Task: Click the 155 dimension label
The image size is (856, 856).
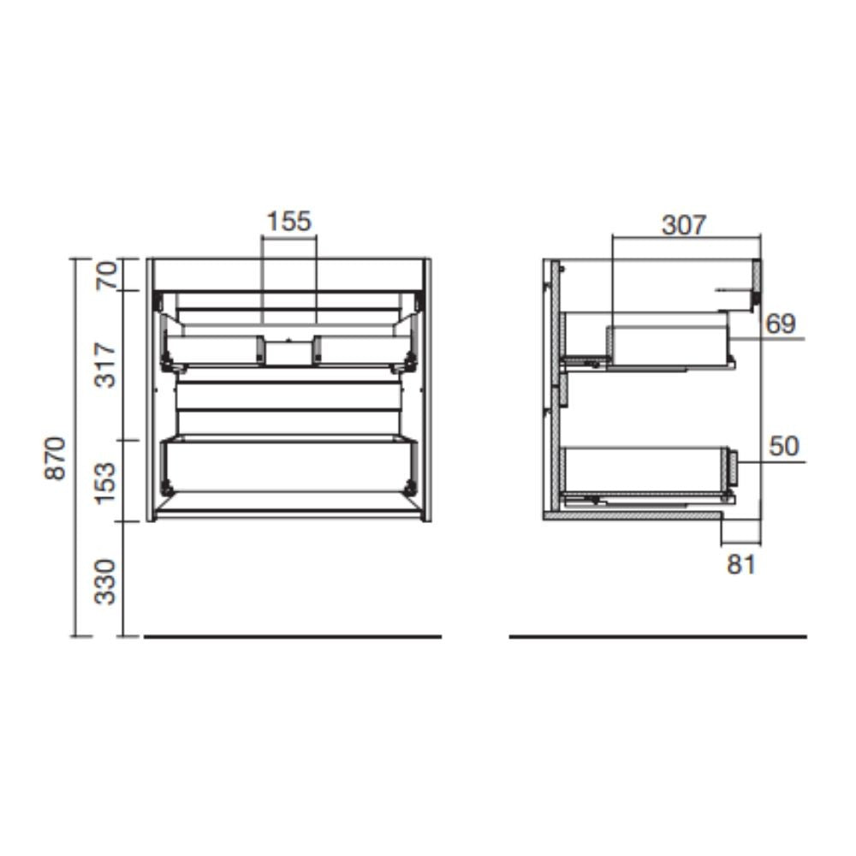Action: [x=288, y=222]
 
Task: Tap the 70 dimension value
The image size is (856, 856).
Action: [x=105, y=275]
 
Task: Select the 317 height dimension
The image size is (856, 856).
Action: [x=105, y=365]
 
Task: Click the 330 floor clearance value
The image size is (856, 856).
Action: [x=105, y=580]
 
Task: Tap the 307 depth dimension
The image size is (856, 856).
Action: [x=685, y=225]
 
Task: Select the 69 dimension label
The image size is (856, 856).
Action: [x=781, y=324]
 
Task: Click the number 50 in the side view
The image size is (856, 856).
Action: [x=784, y=447]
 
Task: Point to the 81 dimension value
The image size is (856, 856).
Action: [x=741, y=565]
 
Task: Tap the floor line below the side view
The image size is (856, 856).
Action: [x=657, y=637]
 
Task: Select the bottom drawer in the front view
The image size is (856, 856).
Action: [x=288, y=466]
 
